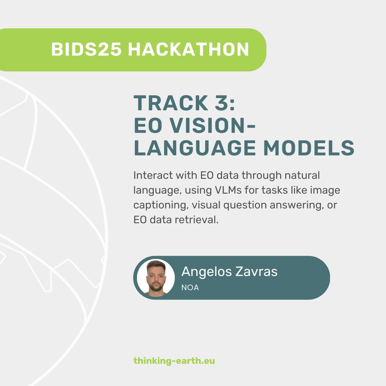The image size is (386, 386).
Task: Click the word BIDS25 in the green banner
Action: point(86,50)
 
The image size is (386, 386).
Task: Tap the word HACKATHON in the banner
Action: point(188,50)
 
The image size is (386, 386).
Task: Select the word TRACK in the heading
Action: point(171,103)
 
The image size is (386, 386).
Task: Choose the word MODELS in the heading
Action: point(309,148)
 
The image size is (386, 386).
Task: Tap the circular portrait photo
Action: point(156,278)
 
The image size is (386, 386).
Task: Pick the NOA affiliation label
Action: point(190,288)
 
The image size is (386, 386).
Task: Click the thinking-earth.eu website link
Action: point(174,361)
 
